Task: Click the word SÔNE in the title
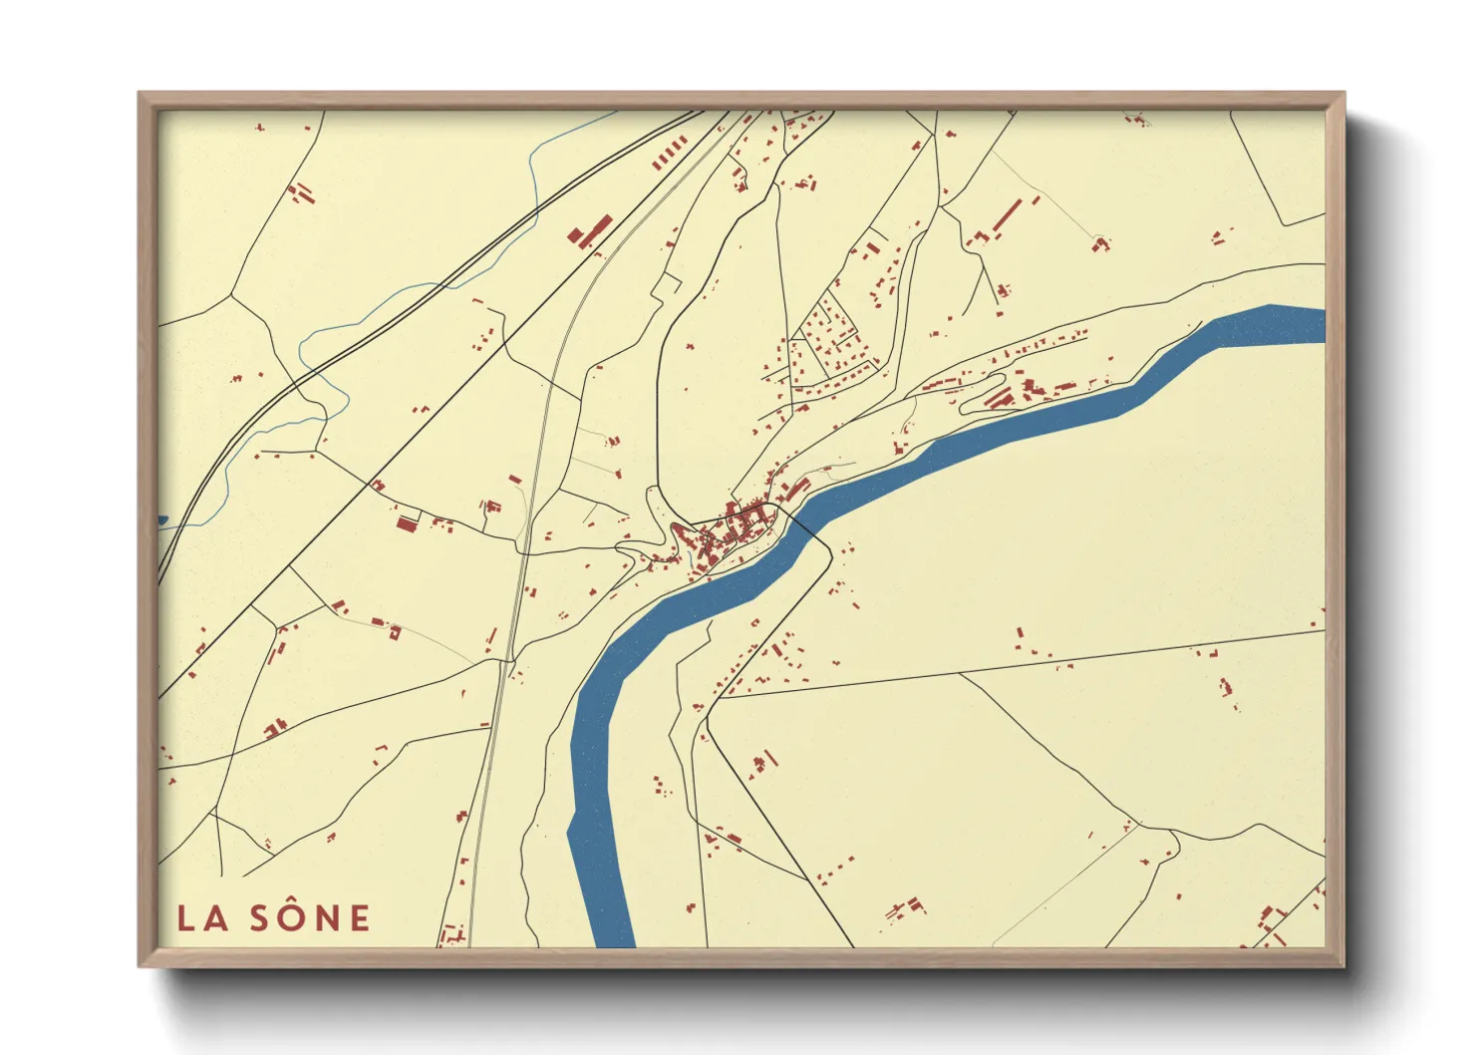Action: pos(310,917)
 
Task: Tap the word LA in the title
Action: pos(203,918)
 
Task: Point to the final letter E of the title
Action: pos(359,918)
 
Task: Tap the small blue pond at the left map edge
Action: pos(162,520)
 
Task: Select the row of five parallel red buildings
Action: pos(670,155)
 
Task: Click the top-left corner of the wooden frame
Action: pos(142,96)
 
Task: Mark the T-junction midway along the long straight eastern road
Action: pos(960,673)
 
